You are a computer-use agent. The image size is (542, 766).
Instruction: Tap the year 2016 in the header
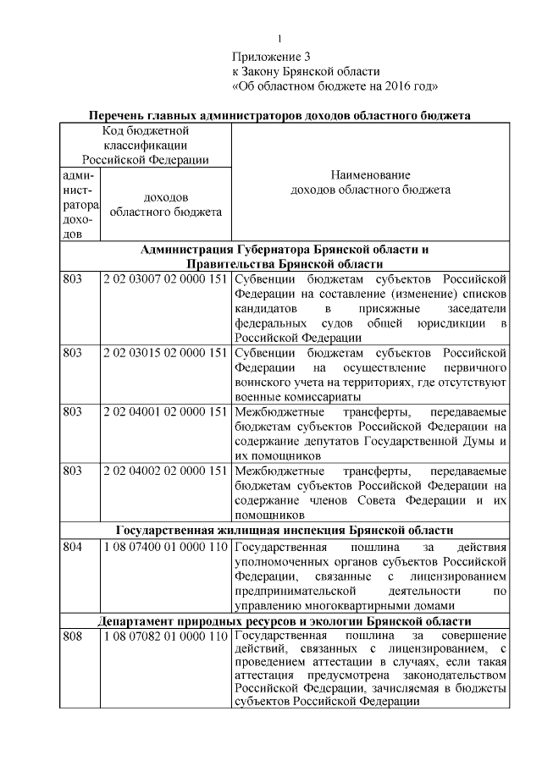[392, 85]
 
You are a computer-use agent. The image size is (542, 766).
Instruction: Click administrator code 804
[73, 546]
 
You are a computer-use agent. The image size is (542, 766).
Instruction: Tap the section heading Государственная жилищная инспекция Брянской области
[284, 530]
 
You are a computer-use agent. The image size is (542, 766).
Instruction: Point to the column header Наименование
[370, 174]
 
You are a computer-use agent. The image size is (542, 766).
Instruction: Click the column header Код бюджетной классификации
[145, 145]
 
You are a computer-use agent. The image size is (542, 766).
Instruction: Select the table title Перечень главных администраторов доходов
[280, 115]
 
